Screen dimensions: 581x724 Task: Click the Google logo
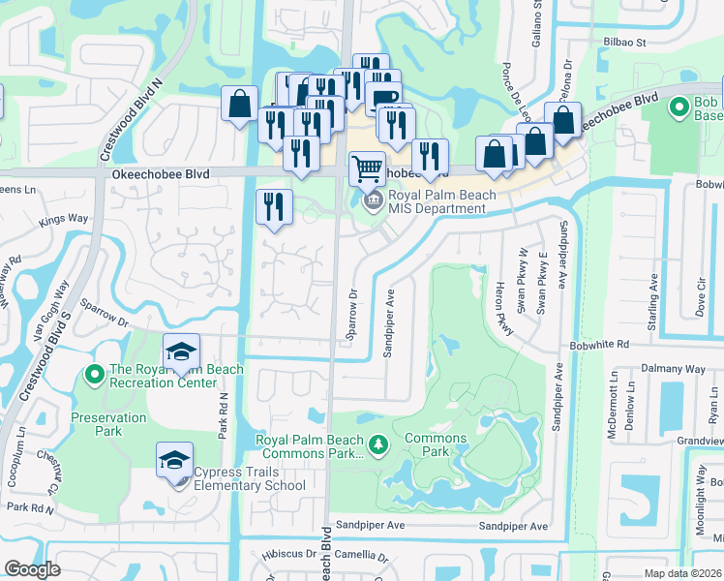pos(33,569)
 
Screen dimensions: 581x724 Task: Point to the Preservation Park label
pos(108,417)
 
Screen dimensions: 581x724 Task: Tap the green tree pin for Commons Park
pos(380,444)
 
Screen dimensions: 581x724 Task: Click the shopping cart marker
pos(367,169)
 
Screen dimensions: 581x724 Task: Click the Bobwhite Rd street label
pos(600,344)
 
